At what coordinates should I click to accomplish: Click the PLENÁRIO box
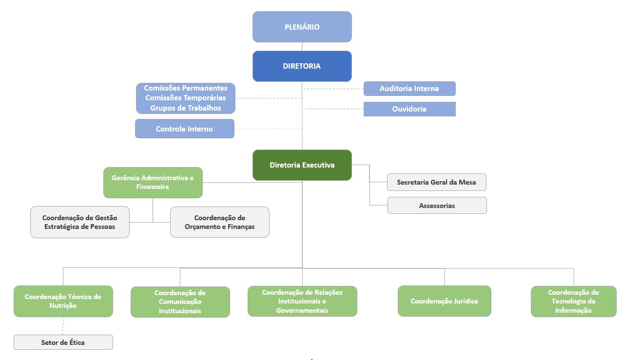[302, 27]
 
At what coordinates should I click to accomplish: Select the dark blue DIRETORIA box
[302, 66]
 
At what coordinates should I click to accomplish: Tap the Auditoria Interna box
[409, 89]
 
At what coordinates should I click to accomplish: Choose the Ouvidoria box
[409, 109]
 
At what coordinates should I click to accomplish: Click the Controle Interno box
[184, 129]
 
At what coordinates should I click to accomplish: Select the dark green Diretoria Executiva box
[302, 165]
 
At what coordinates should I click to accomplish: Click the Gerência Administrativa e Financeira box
[153, 183]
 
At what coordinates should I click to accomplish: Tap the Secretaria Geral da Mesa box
[436, 182]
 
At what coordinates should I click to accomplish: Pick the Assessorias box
[437, 206]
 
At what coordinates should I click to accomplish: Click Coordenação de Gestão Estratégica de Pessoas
[79, 222]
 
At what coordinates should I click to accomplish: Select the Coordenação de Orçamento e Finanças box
[219, 222]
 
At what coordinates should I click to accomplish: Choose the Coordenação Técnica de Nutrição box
[63, 301]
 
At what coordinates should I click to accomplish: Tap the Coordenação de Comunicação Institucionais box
[180, 302]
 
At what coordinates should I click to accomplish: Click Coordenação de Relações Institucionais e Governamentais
[302, 301]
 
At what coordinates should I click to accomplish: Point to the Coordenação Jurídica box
[444, 301]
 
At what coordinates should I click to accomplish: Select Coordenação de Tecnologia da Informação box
[573, 301]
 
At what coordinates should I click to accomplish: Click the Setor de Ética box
[63, 342]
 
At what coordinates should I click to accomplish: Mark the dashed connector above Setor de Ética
[63, 326]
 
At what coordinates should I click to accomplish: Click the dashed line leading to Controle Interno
[268, 129]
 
